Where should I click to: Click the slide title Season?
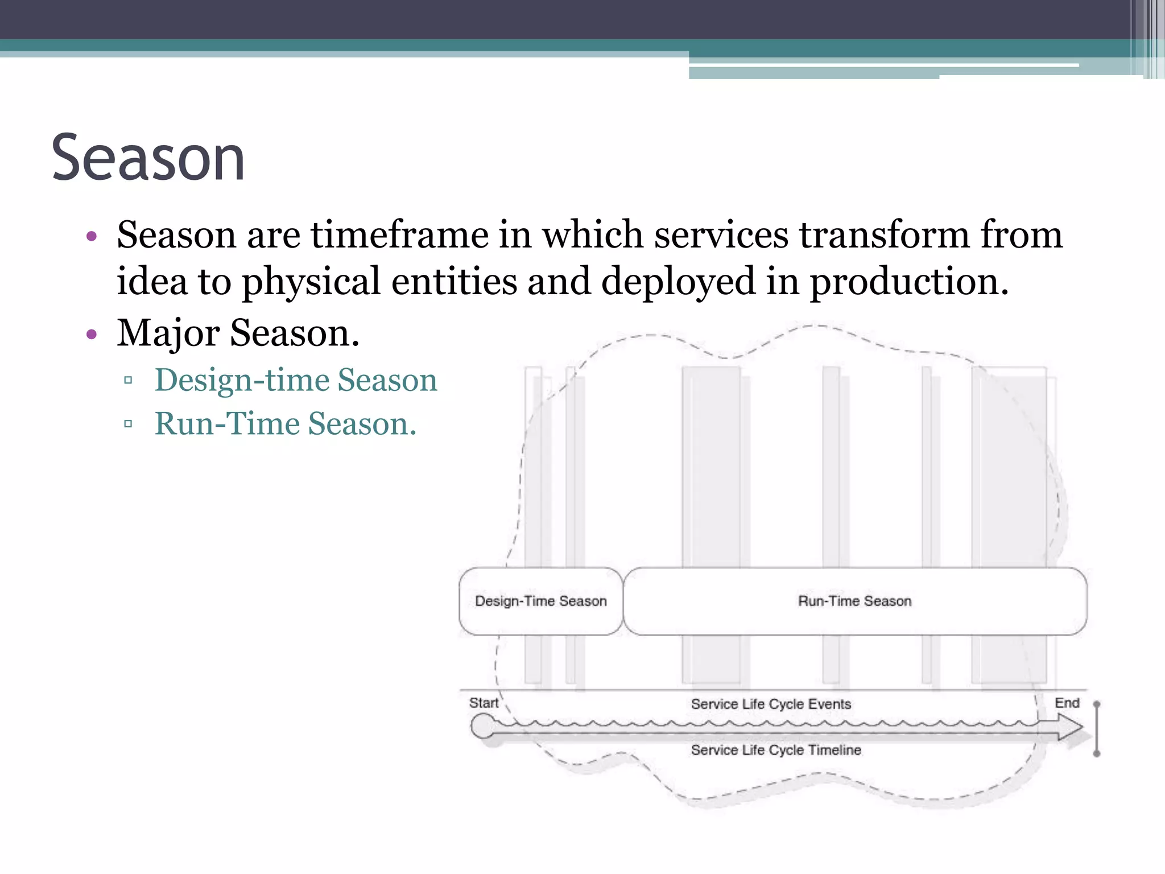[x=148, y=158]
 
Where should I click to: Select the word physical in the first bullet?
[x=311, y=281]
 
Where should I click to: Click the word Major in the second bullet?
[x=168, y=333]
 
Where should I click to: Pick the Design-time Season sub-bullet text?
[x=296, y=380]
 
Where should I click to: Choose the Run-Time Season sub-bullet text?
[x=286, y=424]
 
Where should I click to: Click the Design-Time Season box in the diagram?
[x=540, y=601]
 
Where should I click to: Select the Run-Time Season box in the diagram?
[x=854, y=601]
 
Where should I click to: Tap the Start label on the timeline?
[x=484, y=703]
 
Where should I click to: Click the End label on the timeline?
[x=1067, y=703]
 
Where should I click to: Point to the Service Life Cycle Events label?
[x=771, y=704]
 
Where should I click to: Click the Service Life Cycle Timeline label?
[x=776, y=750]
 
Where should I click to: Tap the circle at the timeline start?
[x=483, y=727]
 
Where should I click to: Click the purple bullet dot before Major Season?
[x=92, y=334]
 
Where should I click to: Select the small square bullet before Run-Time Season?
[x=128, y=424]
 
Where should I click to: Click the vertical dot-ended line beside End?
[x=1097, y=728]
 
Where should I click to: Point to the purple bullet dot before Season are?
[x=92, y=236]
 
